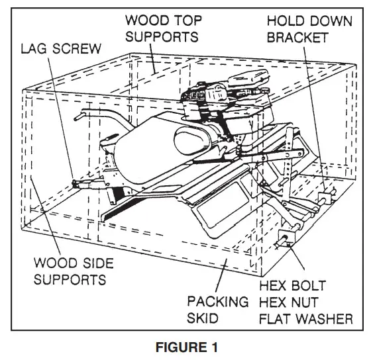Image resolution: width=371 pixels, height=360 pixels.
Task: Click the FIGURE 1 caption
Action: [x=185, y=347]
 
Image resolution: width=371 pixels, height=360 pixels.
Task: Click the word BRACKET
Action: [x=298, y=37]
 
